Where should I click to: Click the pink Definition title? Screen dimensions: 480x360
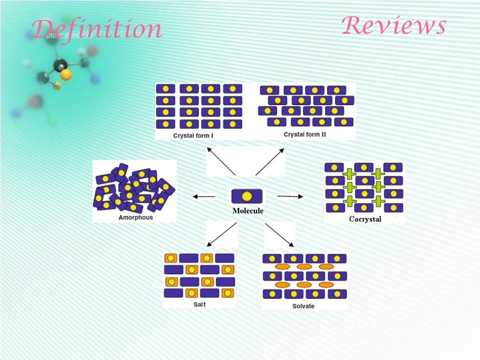[97, 30]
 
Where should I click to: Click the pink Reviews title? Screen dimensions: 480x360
[393, 26]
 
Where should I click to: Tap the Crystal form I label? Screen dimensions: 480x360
[193, 135]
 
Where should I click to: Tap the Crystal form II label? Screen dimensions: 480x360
[305, 135]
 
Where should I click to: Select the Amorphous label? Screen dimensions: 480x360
[135, 217]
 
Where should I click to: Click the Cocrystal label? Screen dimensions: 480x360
[365, 219]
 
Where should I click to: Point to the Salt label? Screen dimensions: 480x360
[200, 304]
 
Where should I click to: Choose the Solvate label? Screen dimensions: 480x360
[303, 306]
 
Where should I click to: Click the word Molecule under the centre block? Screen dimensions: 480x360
[248, 211]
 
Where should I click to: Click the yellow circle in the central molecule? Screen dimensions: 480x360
[247, 196]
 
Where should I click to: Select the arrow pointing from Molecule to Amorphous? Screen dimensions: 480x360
[204, 197]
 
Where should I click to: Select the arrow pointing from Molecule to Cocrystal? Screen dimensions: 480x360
[290, 196]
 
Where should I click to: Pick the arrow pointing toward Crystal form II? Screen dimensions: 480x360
[270, 162]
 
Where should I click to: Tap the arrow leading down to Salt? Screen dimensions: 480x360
[222, 234]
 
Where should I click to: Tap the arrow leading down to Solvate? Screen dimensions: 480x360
[279, 235]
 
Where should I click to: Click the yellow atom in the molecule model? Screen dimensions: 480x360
[67, 74]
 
